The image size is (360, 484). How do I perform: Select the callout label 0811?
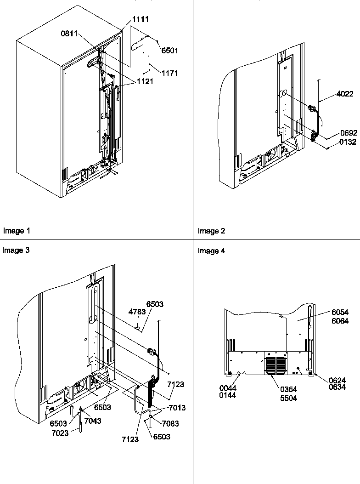click(x=69, y=34)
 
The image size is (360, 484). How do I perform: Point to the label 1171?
click(x=169, y=73)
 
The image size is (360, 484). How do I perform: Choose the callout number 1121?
click(x=144, y=81)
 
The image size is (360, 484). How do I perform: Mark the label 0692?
click(x=348, y=133)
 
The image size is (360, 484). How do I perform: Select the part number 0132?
click(x=348, y=142)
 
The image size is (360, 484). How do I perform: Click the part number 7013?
click(x=177, y=408)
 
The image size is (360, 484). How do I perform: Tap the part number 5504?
click(x=288, y=398)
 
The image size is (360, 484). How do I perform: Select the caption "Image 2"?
click(x=211, y=231)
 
